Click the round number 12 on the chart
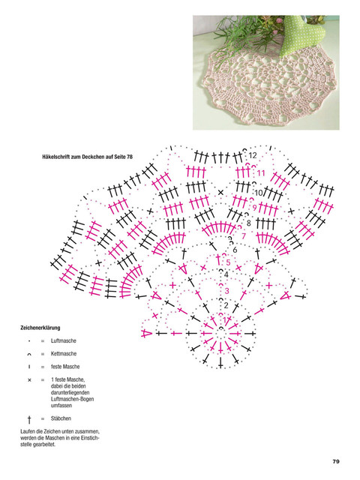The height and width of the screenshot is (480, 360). (x=253, y=155)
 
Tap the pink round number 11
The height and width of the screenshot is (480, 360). (x=260, y=173)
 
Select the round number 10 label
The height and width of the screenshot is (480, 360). (x=259, y=193)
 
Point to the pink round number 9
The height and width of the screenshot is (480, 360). (x=254, y=208)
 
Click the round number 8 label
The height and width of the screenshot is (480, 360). (x=248, y=223)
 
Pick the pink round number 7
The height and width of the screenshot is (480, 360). (x=244, y=236)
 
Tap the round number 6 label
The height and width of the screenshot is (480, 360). (x=235, y=250)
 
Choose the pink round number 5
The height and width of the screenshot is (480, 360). (x=228, y=262)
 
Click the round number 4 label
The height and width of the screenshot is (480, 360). (x=226, y=274)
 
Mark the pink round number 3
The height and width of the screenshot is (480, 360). (x=226, y=290)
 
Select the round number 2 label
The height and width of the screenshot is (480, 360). (x=226, y=305)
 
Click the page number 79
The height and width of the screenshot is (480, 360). (x=336, y=461)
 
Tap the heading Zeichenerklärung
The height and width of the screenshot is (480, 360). (x=40, y=328)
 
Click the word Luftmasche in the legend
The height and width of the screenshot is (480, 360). (x=63, y=340)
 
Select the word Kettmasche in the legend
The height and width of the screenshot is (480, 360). (x=64, y=353)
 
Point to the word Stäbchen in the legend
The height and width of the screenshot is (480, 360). (x=61, y=418)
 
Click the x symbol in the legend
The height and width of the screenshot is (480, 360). (x=29, y=380)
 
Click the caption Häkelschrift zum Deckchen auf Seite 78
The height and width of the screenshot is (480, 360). (x=87, y=157)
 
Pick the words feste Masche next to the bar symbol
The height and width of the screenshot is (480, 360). (x=65, y=367)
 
